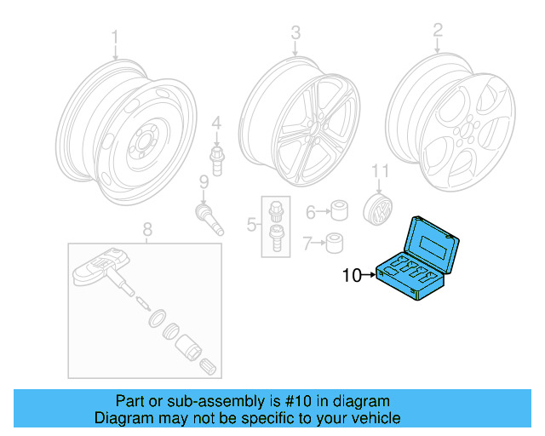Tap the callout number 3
[295, 33]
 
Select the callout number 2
[438, 31]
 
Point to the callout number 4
[216, 125]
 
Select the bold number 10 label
[353, 275]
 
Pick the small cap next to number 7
[336, 244]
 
